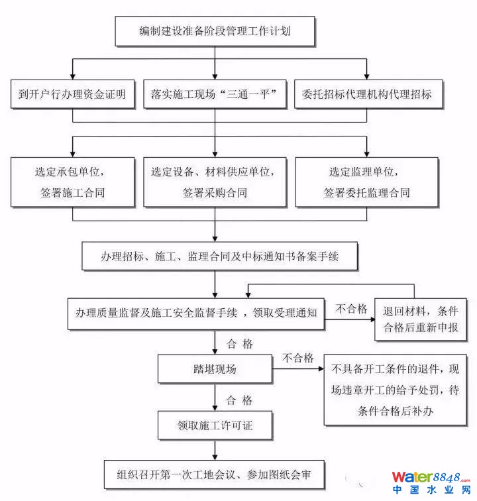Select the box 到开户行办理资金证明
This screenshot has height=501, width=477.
pos(72,94)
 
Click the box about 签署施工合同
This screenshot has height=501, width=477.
pos(72,183)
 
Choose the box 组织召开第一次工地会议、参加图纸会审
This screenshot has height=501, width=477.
pos(215,474)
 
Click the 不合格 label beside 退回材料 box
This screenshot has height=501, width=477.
pos(351,309)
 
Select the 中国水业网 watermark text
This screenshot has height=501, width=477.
pos(431,492)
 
